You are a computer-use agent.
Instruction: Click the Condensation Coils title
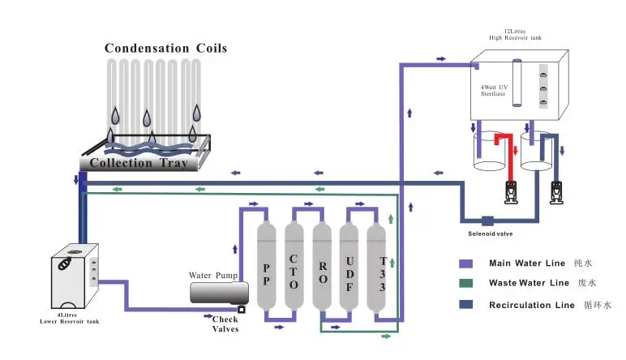click(165, 48)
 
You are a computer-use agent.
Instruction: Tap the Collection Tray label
click(139, 163)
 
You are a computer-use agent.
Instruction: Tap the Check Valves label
click(225, 324)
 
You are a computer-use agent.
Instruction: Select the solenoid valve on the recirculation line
click(488, 221)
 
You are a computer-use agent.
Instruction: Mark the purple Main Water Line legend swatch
click(466, 263)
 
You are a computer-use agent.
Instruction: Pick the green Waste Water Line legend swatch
click(466, 283)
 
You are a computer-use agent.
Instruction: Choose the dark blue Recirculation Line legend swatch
click(466, 305)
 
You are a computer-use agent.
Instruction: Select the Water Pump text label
click(213, 276)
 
